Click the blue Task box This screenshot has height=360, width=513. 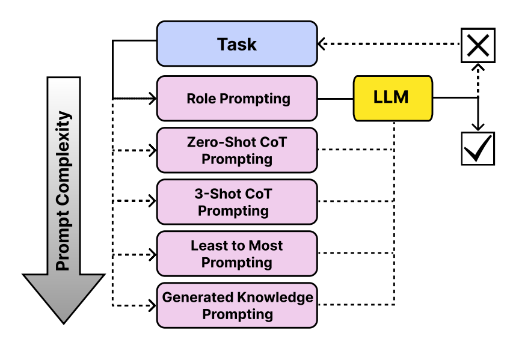tap(237, 44)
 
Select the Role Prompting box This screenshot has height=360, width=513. tap(237, 98)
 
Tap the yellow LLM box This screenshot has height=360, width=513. tap(392, 97)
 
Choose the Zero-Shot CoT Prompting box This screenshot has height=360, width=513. tap(237, 150)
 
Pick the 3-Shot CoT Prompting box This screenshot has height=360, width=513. tap(237, 202)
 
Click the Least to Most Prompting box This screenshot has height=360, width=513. tap(237, 254)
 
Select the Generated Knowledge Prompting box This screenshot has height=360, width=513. tap(237, 305)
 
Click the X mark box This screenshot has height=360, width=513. tap(478, 44)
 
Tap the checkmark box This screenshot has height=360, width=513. tap(478, 148)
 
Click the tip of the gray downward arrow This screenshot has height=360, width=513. tap(64, 322)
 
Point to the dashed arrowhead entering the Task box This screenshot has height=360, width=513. tap(322, 44)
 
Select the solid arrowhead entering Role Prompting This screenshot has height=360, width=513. tap(152, 98)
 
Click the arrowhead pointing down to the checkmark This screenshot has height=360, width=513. tap(478, 127)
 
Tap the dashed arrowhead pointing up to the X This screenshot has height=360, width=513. tap(478, 67)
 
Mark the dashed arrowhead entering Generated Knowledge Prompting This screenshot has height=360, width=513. tap(152, 305)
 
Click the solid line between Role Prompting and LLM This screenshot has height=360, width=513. tap(335, 98)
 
